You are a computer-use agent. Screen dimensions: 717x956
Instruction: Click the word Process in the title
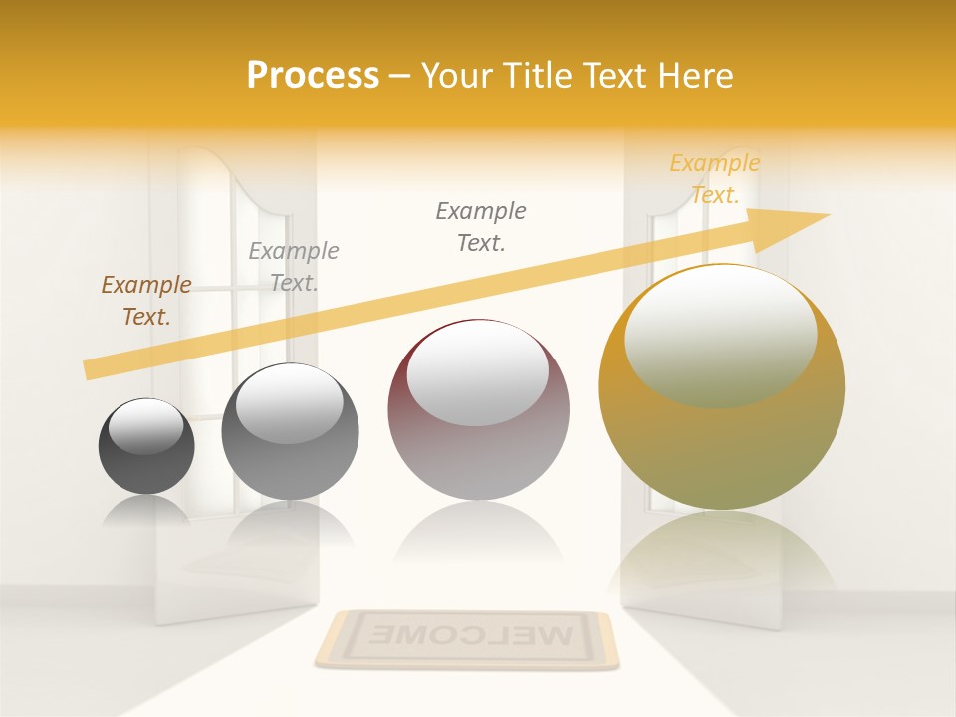coord(313,76)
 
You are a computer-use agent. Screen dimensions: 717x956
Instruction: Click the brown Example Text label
coord(146,301)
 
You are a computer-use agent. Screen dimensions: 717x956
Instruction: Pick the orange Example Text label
coord(714,179)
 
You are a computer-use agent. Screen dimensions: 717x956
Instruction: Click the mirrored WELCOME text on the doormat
coord(466,633)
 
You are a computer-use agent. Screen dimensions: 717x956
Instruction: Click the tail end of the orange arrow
coord(90,370)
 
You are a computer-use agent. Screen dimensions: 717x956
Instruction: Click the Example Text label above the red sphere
coord(481,226)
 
